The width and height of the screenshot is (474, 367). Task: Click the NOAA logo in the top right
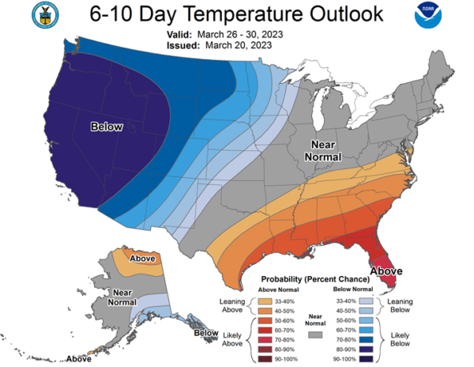pyautogui.click(x=427, y=15)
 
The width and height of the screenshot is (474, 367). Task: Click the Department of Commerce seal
pyautogui.click(x=45, y=15)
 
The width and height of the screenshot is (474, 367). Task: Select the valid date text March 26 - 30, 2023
pyautogui.click(x=240, y=35)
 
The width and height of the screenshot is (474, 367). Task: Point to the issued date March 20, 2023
pyautogui.click(x=239, y=45)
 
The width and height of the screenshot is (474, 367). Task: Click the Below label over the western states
pyautogui.click(x=107, y=127)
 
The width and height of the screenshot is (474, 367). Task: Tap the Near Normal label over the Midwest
pyautogui.click(x=323, y=150)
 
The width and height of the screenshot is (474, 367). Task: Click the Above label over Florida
pyautogui.click(x=386, y=271)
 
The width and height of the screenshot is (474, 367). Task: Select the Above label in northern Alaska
pyautogui.click(x=142, y=259)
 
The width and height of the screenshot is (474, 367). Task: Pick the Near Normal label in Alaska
pyautogui.click(x=122, y=297)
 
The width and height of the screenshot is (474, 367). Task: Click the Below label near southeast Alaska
pyautogui.click(x=206, y=333)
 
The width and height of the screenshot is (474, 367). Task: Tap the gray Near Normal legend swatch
pyautogui.click(x=315, y=335)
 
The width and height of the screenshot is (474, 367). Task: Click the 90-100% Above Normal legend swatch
pyautogui.click(x=265, y=359)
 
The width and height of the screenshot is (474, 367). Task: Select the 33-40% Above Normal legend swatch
pyautogui.click(x=265, y=301)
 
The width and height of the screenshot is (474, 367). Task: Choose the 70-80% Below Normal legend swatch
pyautogui.click(x=366, y=340)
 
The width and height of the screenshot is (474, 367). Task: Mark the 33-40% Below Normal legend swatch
pyautogui.click(x=366, y=301)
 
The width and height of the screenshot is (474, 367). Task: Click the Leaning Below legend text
pyautogui.click(x=400, y=305)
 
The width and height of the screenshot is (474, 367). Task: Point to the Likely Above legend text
pyautogui.click(x=232, y=339)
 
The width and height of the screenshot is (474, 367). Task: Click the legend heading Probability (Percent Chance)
pyautogui.click(x=315, y=279)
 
